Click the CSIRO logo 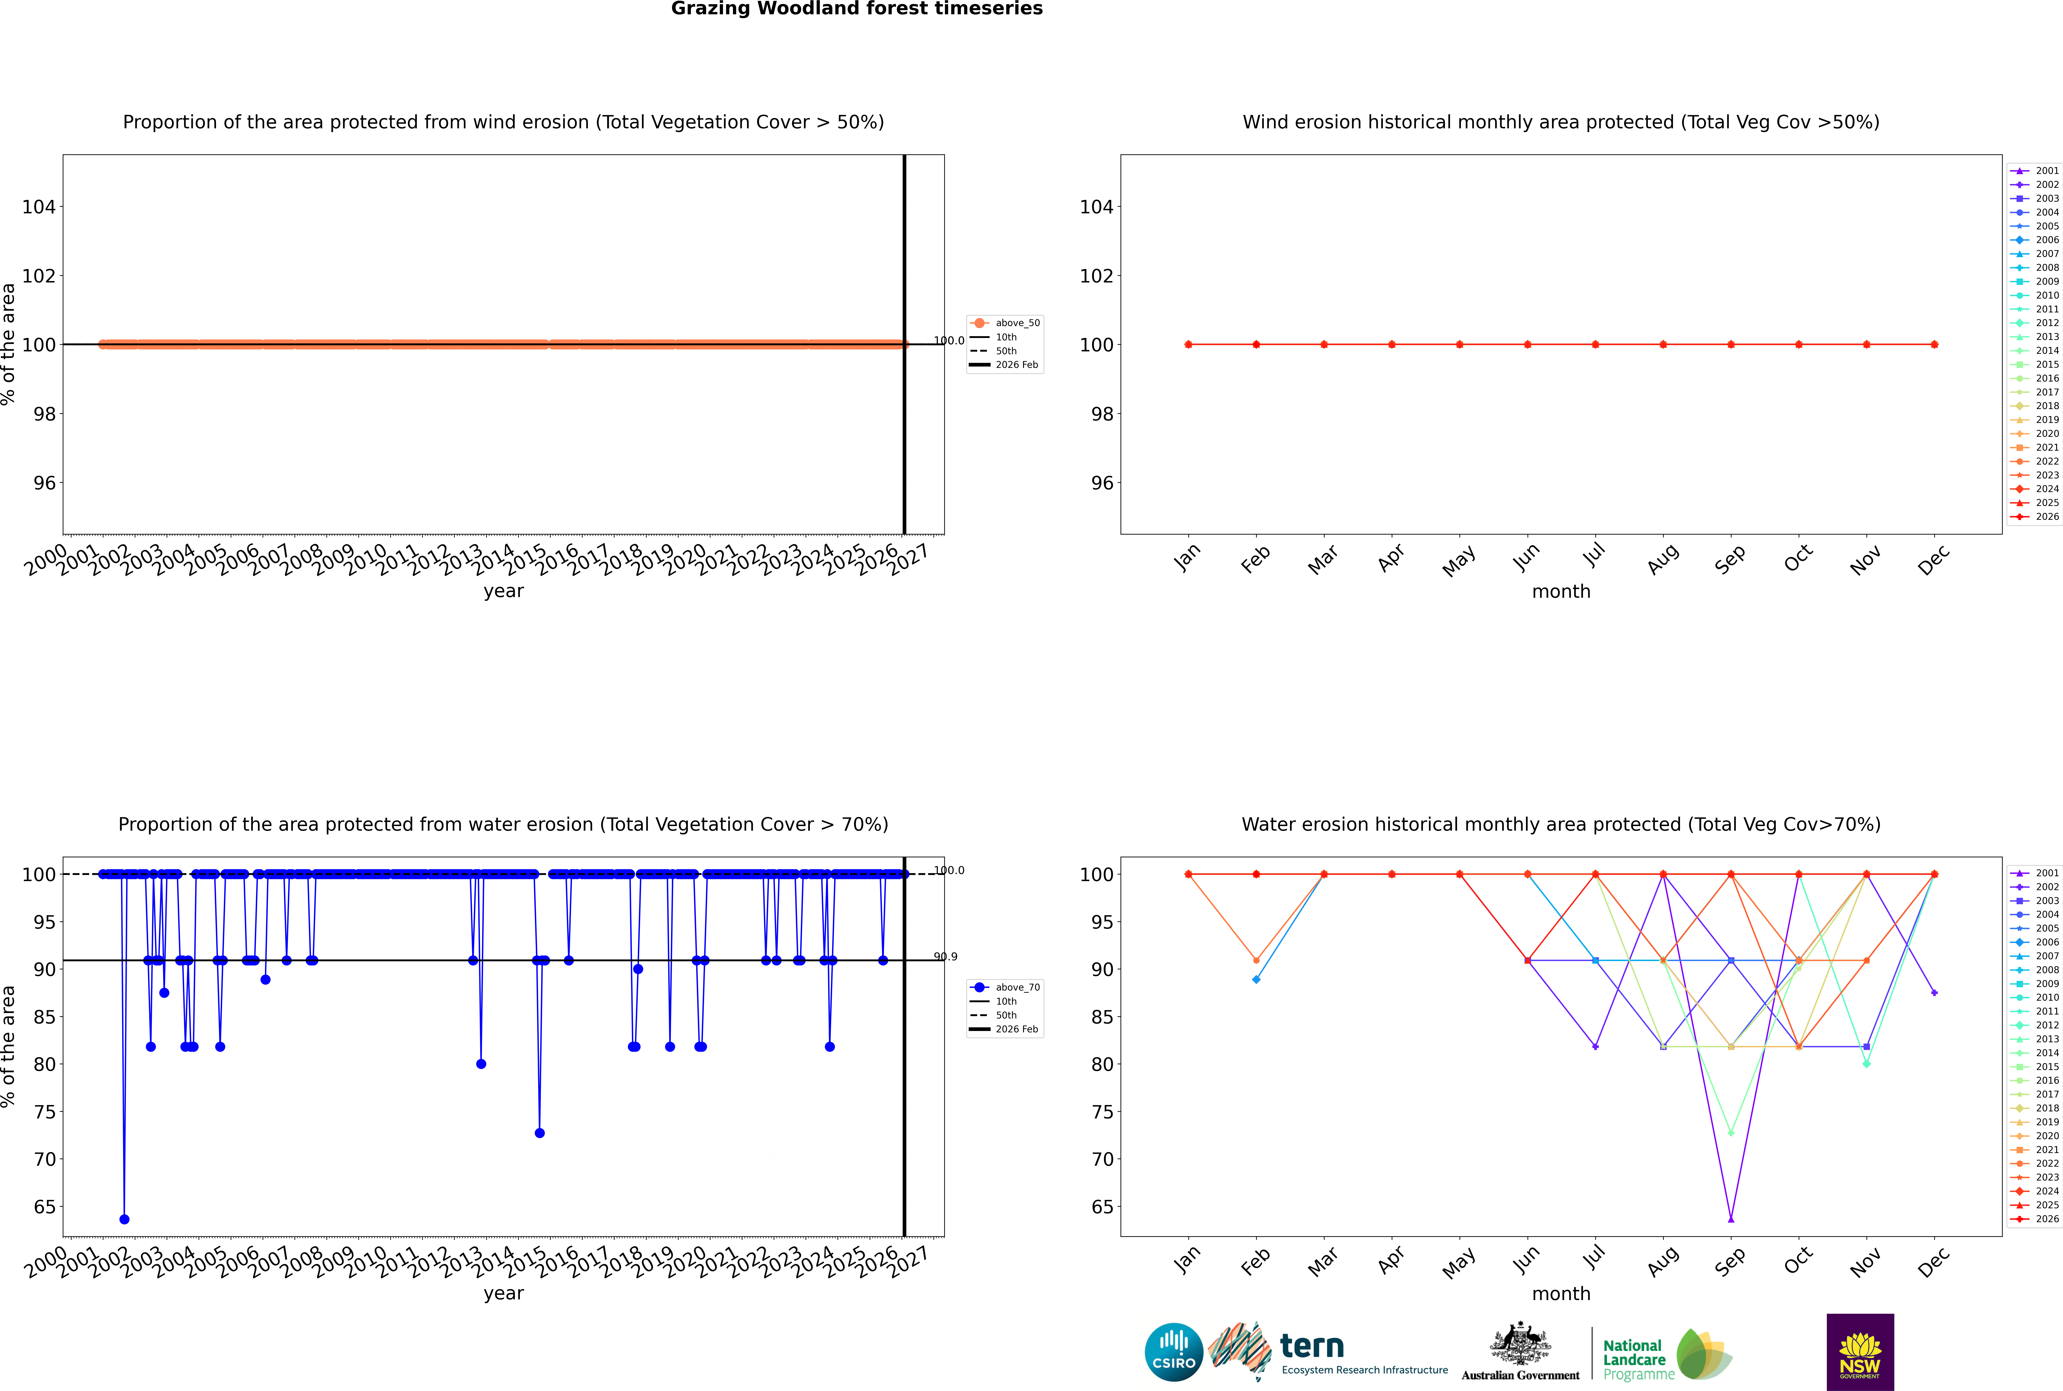click(1173, 1352)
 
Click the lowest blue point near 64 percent click(124, 1219)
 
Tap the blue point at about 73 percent click(539, 1133)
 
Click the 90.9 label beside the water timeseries click(946, 956)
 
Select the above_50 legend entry click(1005, 323)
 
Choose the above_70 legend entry click(1005, 987)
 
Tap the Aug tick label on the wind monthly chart click(1663, 559)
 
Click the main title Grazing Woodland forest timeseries click(857, 9)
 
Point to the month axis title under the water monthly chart click(1561, 1293)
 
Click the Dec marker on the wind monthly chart click(1934, 344)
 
